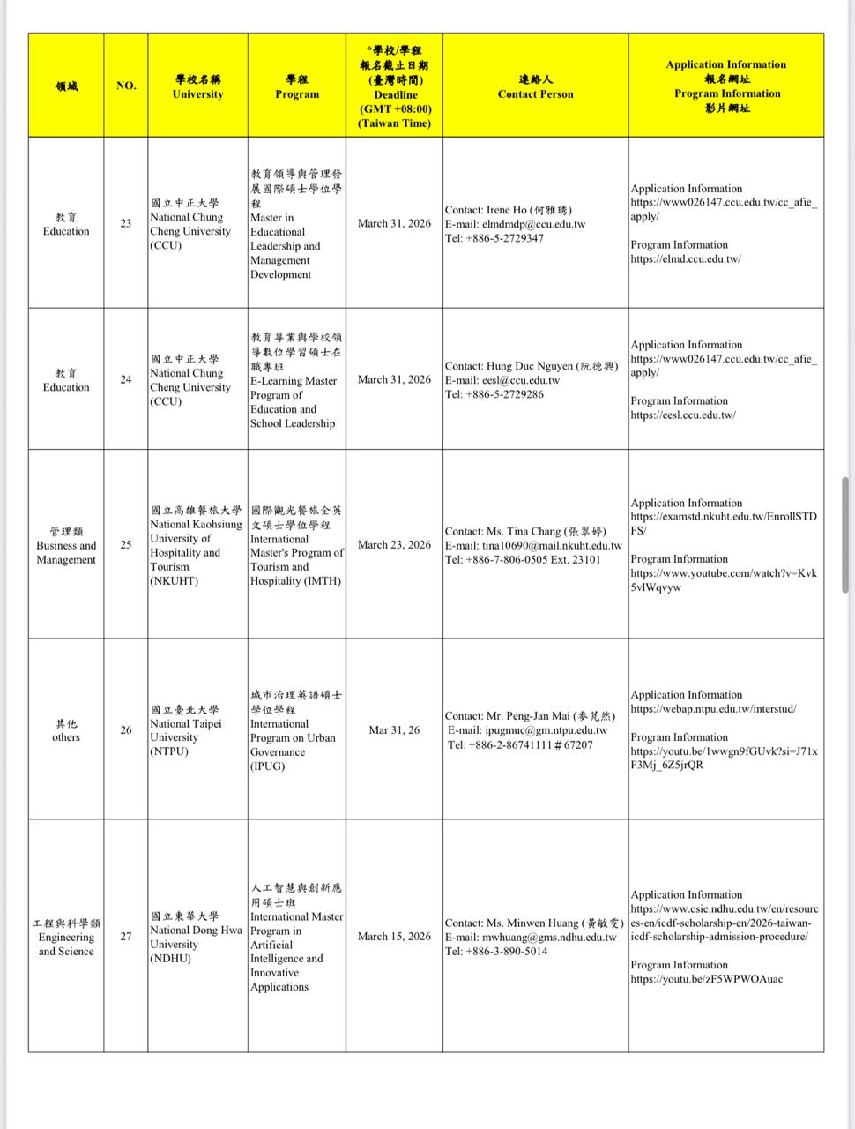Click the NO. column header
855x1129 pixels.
[x=126, y=86]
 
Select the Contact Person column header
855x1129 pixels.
[x=535, y=86]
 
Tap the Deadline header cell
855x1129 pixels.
[x=395, y=86]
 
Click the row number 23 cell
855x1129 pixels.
[x=126, y=223]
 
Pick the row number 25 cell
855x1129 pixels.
[x=126, y=544]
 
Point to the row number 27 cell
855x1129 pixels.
[x=126, y=936]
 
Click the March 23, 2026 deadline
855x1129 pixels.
[x=394, y=544]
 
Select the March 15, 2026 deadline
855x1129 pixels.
[x=394, y=936]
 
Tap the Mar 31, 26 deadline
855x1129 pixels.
[x=394, y=730]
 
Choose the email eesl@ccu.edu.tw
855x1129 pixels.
[x=520, y=380]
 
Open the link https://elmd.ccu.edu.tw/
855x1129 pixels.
[x=686, y=259]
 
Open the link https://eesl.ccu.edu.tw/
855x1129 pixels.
[x=683, y=415]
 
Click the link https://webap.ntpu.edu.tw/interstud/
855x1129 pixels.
[x=713, y=709]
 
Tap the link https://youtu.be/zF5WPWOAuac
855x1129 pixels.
[x=706, y=979]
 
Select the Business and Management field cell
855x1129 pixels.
[x=66, y=546]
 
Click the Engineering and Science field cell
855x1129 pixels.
[x=66, y=937]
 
